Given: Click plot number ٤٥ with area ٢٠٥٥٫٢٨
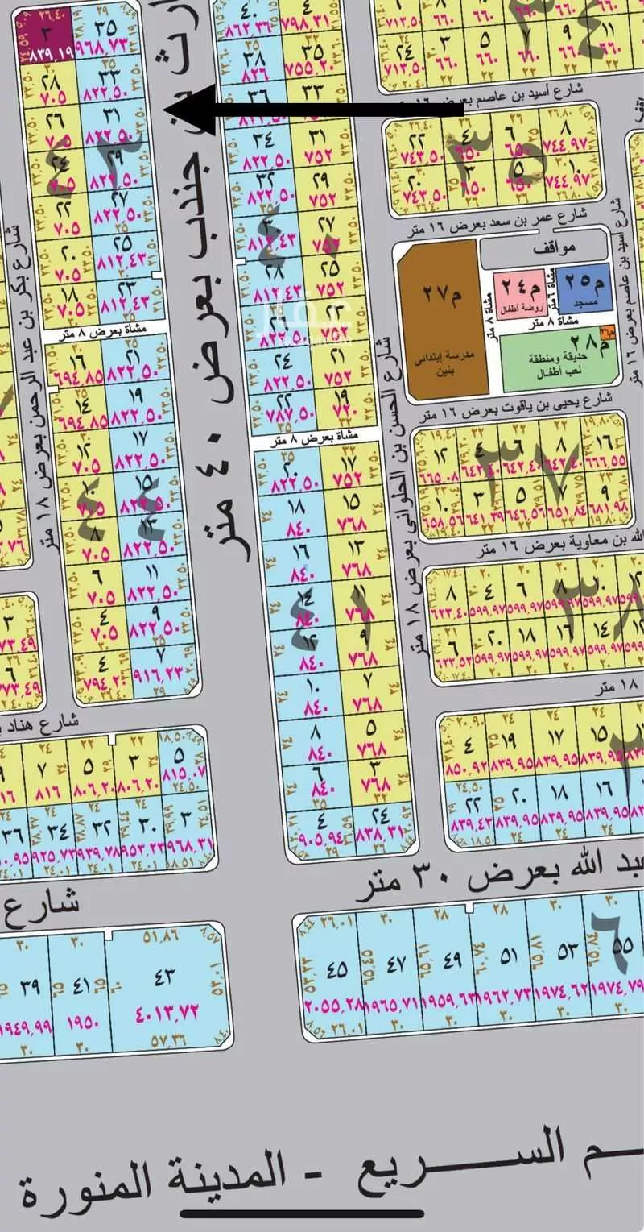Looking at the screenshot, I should pyautogui.click(x=337, y=967).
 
